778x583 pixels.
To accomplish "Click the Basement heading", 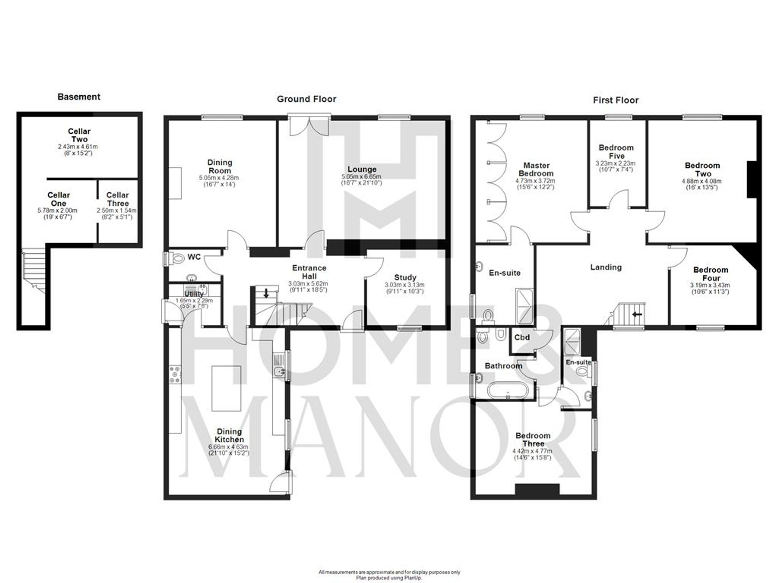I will coord(79,97).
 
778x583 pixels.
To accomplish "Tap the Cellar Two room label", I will coord(79,135).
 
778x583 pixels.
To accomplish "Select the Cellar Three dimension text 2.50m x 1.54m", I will coord(117,211).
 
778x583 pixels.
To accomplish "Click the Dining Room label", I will coord(219,166).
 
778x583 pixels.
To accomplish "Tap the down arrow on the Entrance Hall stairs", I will coord(266,293).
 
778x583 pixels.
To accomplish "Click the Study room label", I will coord(405,278).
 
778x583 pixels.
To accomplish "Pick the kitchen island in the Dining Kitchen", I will coord(226,388).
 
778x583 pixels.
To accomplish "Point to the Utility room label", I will coord(193,294).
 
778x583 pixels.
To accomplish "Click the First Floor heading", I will coord(615,100).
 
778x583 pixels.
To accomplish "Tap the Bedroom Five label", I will coord(616,152).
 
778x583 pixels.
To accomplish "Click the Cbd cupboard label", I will coord(522,337).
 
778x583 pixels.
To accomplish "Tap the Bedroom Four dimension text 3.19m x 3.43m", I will coord(710,285).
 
